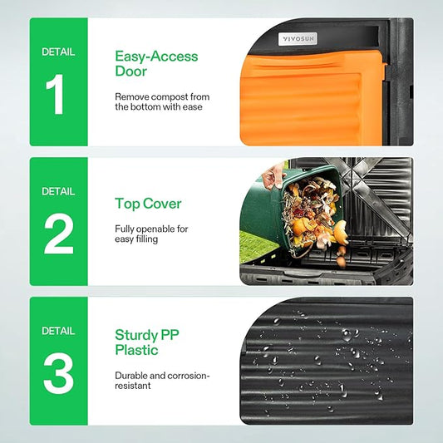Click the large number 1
click(56, 94)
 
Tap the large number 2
click(59, 234)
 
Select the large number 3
click(58, 373)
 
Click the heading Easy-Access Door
click(156, 63)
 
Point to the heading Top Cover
click(148, 204)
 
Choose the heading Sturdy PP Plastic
click(147, 342)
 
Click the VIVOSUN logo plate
click(298, 39)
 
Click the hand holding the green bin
click(273, 175)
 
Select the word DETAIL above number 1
click(58, 52)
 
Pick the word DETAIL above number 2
click(58, 191)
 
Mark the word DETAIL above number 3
click(58, 331)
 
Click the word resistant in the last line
click(132, 386)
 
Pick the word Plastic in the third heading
click(137, 350)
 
